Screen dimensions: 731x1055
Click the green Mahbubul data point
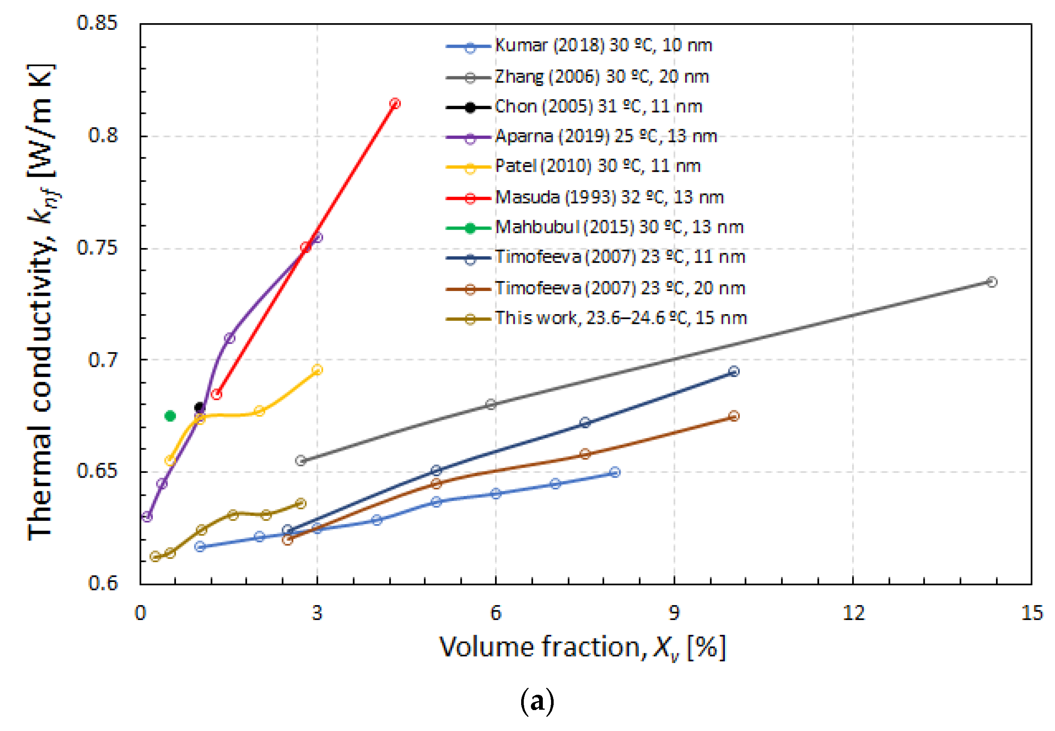[170, 416]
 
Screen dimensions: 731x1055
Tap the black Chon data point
[199, 407]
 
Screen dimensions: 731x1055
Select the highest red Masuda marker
[395, 103]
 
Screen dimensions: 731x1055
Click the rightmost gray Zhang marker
[992, 282]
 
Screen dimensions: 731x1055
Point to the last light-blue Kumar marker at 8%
[615, 472]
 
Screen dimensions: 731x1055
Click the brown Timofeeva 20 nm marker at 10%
[734, 416]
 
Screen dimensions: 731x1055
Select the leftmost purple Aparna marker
[146, 517]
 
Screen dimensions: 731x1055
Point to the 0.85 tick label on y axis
[97, 23]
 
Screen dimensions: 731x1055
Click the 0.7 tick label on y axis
[103, 360]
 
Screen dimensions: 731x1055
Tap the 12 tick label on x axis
[853, 613]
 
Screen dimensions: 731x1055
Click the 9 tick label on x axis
[674, 613]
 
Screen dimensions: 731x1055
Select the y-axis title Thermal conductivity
[41, 302]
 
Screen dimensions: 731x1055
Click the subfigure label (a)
[537, 701]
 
